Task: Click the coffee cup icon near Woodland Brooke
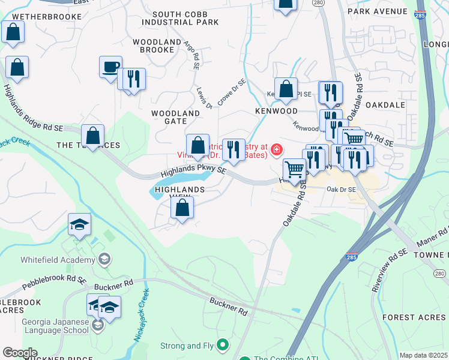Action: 110,67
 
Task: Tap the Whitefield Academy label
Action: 58,260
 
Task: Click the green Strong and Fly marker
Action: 223,345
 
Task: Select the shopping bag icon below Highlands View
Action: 182,208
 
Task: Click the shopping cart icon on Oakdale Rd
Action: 294,169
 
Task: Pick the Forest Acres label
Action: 415,317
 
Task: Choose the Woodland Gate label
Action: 175,117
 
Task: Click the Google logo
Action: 20,353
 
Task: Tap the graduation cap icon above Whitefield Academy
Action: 79,224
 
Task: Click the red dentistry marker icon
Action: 277,149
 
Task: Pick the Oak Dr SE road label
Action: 341,190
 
